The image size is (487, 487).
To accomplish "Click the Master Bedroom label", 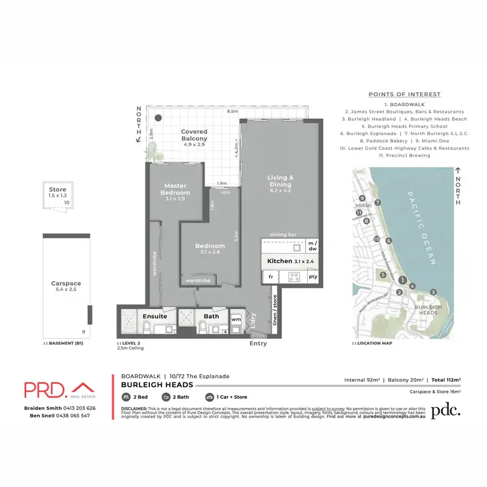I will tap(176, 189).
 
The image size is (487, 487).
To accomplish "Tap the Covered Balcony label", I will tap(194, 134).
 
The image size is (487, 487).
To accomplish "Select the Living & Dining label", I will tap(282, 182).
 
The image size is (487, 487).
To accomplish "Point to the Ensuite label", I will tap(155, 316).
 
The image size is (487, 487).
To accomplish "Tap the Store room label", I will tap(58, 190).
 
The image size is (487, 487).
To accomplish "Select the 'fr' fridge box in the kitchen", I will tap(269, 277).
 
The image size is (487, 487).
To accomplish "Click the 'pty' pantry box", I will tap(314, 277).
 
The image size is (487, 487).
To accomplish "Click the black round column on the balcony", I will tap(158, 119).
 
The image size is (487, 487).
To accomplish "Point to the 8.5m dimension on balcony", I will tap(232, 112).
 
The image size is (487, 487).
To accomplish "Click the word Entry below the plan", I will tap(258, 343).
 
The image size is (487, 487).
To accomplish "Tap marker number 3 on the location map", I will tap(432, 292).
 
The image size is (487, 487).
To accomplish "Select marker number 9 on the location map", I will tap(362, 199).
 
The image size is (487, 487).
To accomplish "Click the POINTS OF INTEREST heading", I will tap(405, 94).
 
